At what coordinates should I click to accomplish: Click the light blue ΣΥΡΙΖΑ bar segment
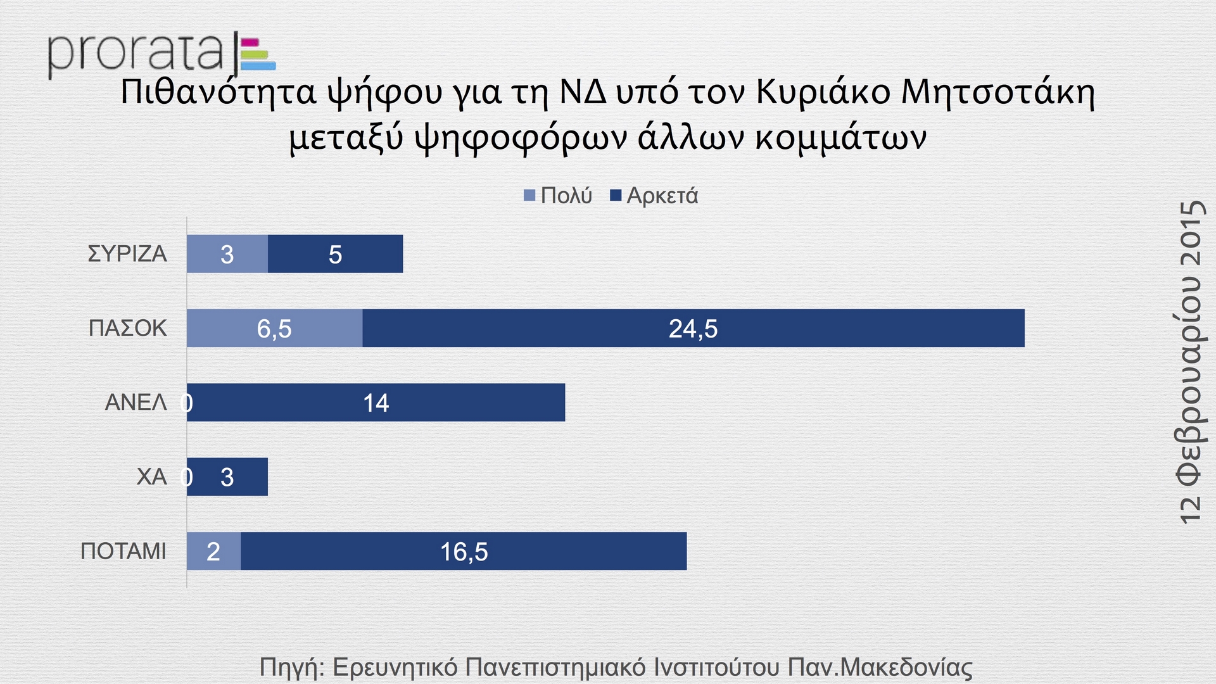(x=227, y=254)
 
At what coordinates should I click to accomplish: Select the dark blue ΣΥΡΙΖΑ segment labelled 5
(x=335, y=254)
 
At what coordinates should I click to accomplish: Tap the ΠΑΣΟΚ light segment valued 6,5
(x=274, y=328)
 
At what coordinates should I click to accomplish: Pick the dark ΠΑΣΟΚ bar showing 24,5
(x=693, y=328)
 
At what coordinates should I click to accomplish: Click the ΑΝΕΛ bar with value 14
(x=376, y=402)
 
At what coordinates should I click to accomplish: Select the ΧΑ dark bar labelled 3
(x=227, y=477)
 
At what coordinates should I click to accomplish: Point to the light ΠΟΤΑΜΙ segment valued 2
(x=213, y=551)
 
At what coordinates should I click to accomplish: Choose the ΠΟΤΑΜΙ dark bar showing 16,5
(x=464, y=551)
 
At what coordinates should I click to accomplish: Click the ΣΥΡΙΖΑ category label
(x=127, y=254)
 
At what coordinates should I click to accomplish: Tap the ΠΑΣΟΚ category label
(x=128, y=328)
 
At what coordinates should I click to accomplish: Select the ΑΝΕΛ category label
(x=136, y=402)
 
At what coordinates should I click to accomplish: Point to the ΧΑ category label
(x=151, y=476)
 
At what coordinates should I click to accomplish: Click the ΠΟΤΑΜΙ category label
(x=123, y=551)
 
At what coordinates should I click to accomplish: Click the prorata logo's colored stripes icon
(x=258, y=54)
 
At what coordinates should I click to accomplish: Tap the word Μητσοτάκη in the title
(x=997, y=93)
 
